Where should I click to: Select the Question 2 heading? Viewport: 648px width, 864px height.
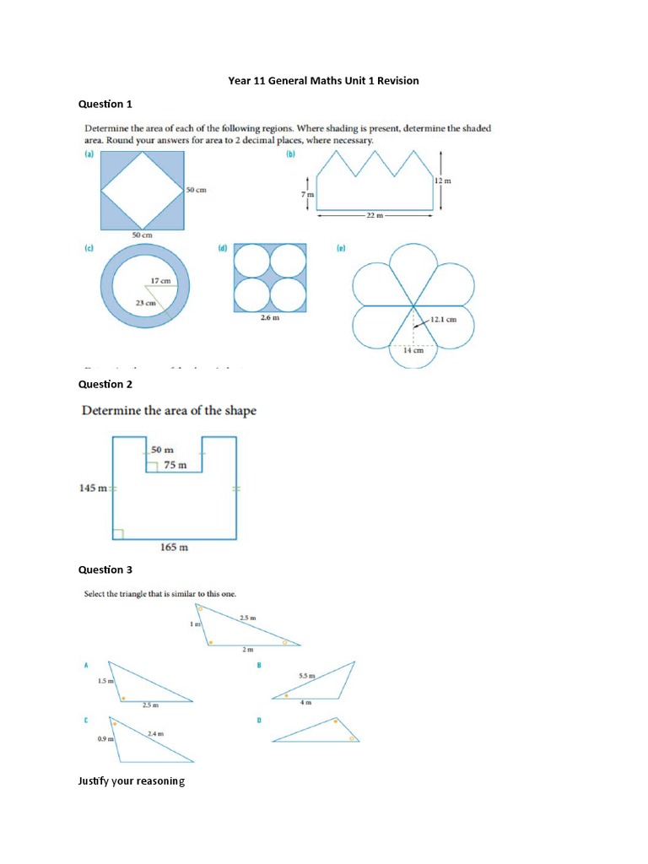pos(105,384)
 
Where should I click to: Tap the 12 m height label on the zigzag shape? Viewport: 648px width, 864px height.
pos(442,181)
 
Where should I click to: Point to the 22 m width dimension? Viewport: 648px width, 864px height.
pos(375,216)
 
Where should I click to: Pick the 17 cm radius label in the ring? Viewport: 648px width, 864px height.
pos(160,280)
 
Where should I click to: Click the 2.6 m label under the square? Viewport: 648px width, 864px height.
pos(270,318)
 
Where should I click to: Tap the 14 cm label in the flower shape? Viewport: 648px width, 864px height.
pos(412,350)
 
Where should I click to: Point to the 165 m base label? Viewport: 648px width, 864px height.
pos(175,548)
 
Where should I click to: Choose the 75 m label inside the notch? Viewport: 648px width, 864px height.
pos(175,465)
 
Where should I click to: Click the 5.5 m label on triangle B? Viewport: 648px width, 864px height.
pos(307,676)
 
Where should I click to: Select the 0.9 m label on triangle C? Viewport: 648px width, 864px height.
pos(105,739)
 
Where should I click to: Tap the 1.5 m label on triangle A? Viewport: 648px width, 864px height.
pos(105,680)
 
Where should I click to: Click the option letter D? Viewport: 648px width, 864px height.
pos(260,720)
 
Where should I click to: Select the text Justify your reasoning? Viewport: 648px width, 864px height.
pos(131,781)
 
